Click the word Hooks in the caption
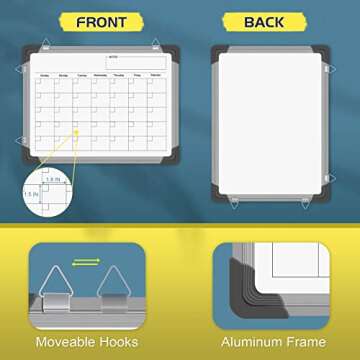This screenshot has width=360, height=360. [x=125, y=342]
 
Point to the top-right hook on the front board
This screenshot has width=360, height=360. [x=157, y=42]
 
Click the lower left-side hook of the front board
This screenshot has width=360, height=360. [x=22, y=140]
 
